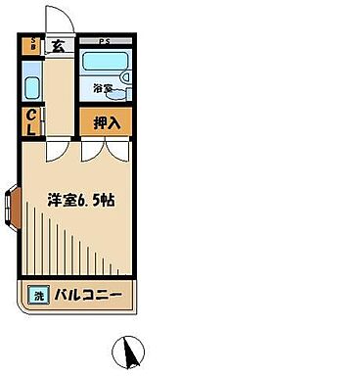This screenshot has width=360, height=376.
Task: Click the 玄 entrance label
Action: point(58,44)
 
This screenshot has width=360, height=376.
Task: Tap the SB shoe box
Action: point(32,44)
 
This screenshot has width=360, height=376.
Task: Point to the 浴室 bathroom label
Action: point(104,89)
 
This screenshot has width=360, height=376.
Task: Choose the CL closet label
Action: point(31,121)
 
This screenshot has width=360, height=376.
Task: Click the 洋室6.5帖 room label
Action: point(82,200)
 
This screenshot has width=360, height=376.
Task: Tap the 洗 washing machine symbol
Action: point(39,295)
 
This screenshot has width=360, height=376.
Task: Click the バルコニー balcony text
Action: point(87,295)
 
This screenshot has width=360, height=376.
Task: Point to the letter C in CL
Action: point(31,115)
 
